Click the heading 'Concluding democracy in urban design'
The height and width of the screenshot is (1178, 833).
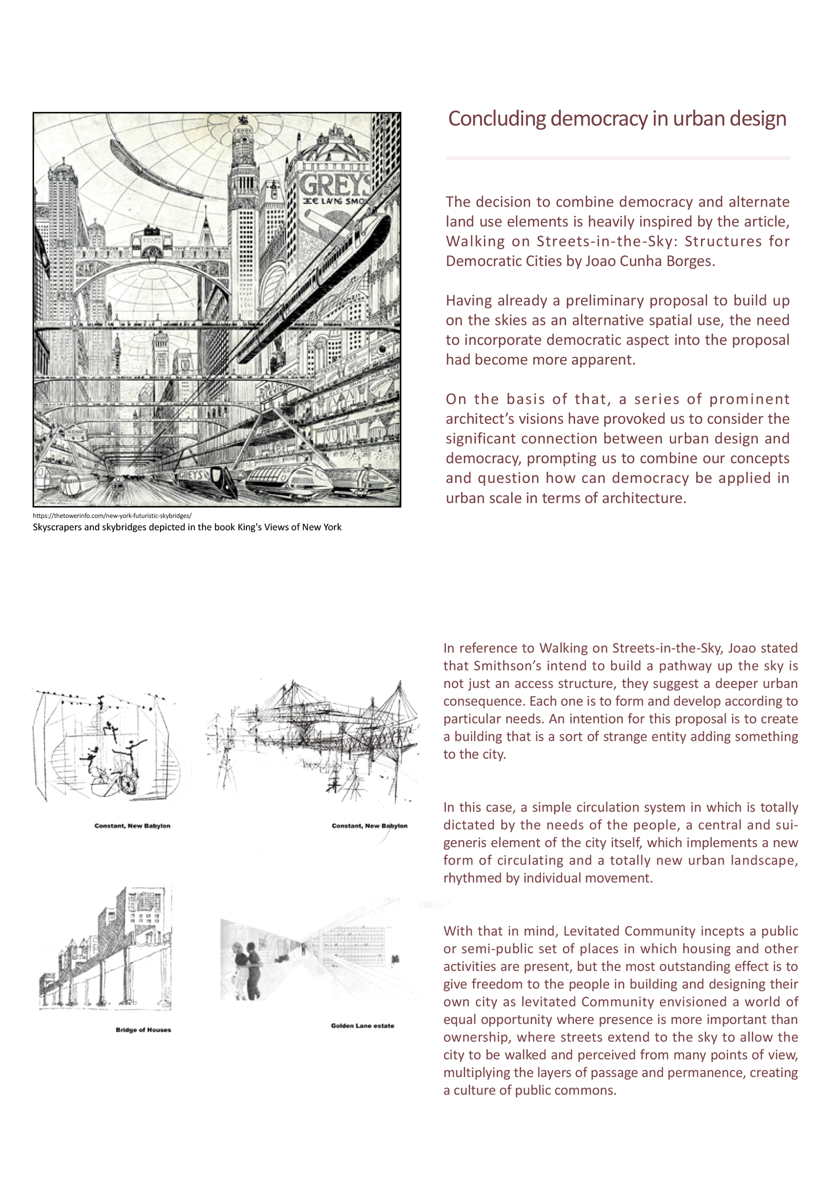click(617, 119)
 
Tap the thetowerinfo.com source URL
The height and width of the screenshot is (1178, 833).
click(112, 516)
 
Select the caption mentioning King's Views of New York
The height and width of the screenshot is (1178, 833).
click(187, 527)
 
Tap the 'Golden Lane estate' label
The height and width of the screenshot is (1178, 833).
click(362, 1026)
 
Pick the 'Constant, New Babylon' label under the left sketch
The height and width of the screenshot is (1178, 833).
click(132, 825)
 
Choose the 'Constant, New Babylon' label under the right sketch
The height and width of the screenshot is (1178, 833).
click(369, 825)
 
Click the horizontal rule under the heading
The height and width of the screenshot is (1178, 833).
click(617, 158)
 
